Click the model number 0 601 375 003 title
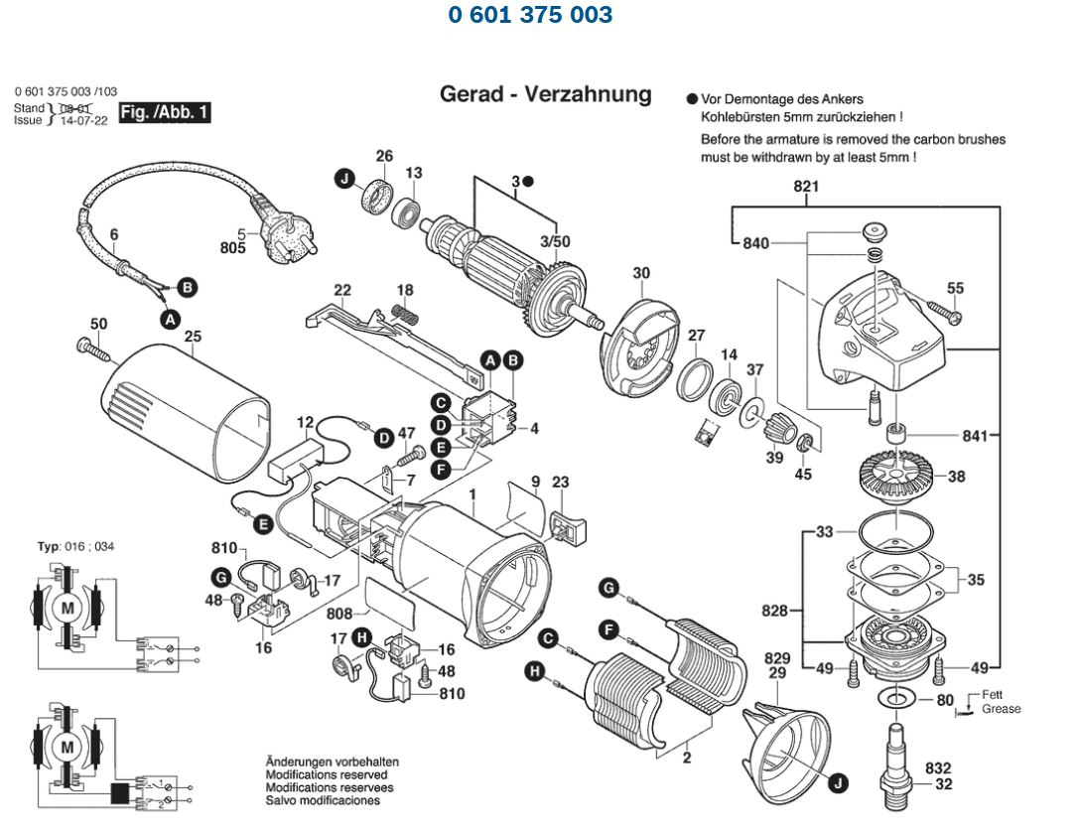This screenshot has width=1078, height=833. point(530,15)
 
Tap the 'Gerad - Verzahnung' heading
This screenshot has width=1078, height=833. point(546,94)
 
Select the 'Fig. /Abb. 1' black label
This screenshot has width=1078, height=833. point(164,113)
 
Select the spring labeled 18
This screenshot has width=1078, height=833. point(404,313)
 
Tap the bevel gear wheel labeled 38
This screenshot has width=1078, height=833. point(897,476)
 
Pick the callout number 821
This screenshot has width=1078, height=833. point(805,187)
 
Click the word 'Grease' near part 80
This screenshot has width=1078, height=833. point(1001,709)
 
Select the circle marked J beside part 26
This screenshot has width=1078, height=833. point(344,179)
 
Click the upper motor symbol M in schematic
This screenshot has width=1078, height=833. point(67,607)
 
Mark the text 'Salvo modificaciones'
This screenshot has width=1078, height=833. point(322,800)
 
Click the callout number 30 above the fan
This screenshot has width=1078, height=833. point(641,273)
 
